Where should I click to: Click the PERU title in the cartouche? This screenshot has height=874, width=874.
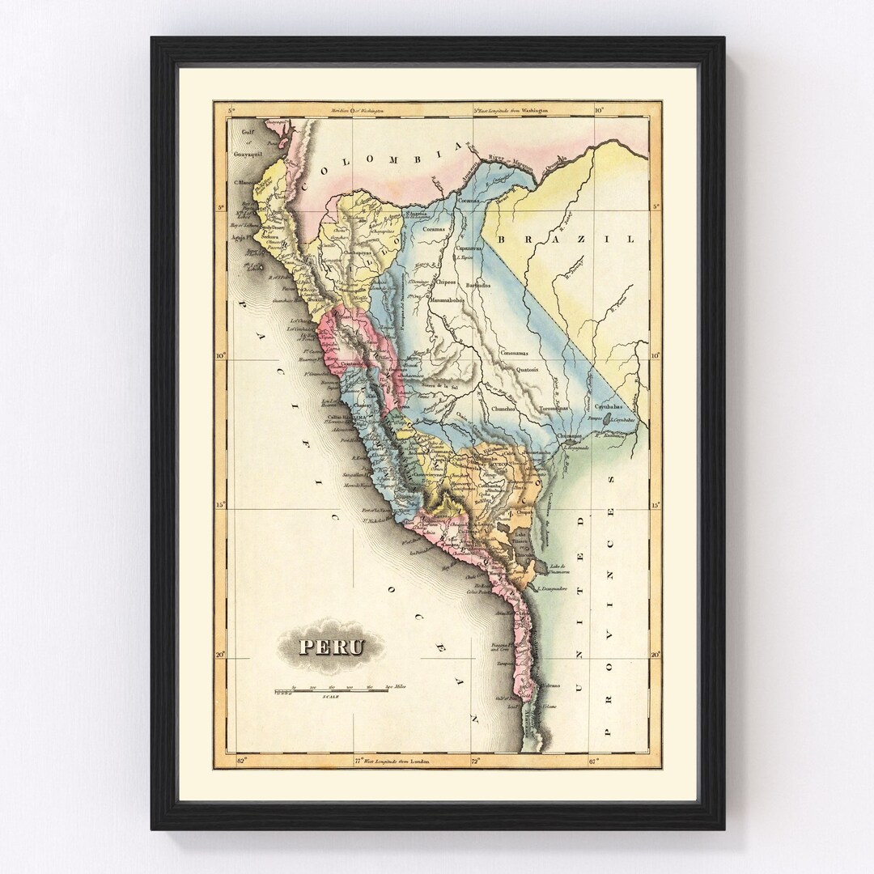332,647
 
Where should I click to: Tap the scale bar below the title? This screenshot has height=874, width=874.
340,691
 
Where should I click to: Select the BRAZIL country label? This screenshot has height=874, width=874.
566,240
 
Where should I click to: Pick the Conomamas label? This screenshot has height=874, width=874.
515,353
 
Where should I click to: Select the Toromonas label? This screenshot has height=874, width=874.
558,409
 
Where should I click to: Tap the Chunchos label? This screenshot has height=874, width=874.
504,409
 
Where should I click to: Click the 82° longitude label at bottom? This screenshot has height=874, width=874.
240,761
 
